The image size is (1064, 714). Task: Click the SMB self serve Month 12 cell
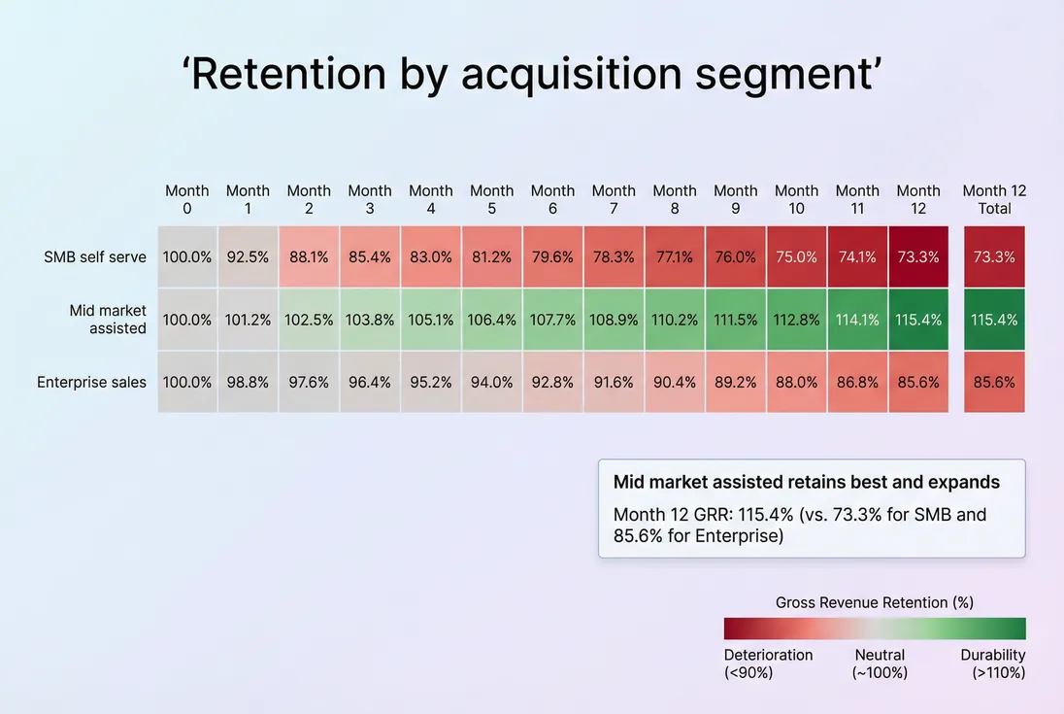(x=918, y=257)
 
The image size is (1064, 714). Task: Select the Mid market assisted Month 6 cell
(x=552, y=320)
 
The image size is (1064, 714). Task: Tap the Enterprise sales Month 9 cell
(x=735, y=382)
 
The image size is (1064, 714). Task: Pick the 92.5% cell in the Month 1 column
(x=248, y=257)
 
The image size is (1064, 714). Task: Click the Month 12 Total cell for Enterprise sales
(x=994, y=382)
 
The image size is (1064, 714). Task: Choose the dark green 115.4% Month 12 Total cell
(x=994, y=320)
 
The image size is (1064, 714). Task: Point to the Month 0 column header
(x=186, y=199)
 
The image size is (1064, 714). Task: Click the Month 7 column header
(x=614, y=199)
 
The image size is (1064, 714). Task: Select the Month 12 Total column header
(x=994, y=199)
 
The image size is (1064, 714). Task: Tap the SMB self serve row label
(x=95, y=257)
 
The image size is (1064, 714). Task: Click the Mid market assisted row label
(x=108, y=320)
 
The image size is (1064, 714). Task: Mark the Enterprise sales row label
(x=91, y=382)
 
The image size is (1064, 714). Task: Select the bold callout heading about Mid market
(x=806, y=482)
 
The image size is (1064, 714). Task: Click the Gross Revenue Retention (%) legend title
(x=874, y=602)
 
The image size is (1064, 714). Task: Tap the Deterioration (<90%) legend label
(x=768, y=663)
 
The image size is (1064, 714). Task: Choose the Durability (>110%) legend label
(x=992, y=663)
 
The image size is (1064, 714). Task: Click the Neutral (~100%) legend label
(x=880, y=663)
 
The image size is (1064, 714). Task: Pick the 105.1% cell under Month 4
(x=431, y=320)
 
